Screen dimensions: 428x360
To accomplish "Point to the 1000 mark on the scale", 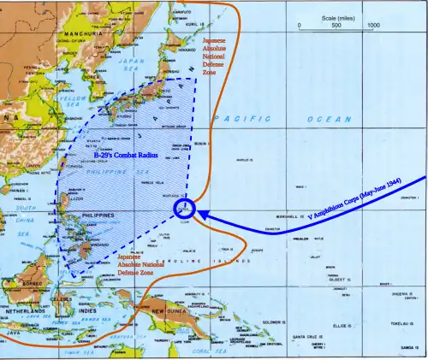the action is [373, 26].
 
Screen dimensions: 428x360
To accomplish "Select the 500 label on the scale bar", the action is [336, 26].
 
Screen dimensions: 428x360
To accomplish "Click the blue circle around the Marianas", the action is [184, 210].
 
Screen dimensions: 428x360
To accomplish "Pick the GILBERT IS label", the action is [336, 279].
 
